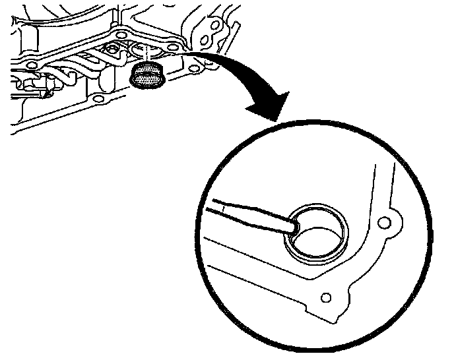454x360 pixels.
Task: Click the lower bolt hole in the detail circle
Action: coord(325,298)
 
